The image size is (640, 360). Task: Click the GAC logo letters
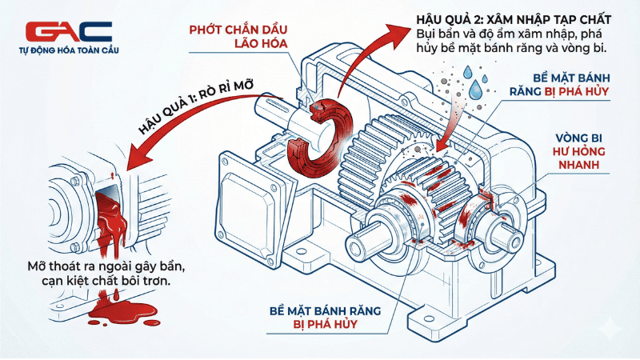pos(69,32)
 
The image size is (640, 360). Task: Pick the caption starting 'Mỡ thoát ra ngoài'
pos(101,273)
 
